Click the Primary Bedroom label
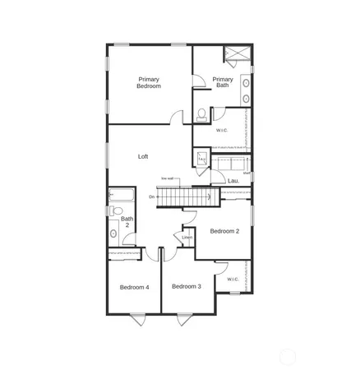tap(149, 83)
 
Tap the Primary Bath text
tap(223, 82)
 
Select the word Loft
tap(142, 156)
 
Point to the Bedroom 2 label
tap(224, 231)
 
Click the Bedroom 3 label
tap(187, 286)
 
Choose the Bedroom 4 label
tap(134, 287)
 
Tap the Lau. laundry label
tap(233, 181)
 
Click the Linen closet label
tap(187, 238)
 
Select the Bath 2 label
tap(127, 222)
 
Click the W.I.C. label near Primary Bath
tap(222, 131)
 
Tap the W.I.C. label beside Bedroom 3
tap(233, 279)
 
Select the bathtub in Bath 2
tap(120, 196)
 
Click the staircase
tap(184, 197)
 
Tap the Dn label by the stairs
tap(152, 197)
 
